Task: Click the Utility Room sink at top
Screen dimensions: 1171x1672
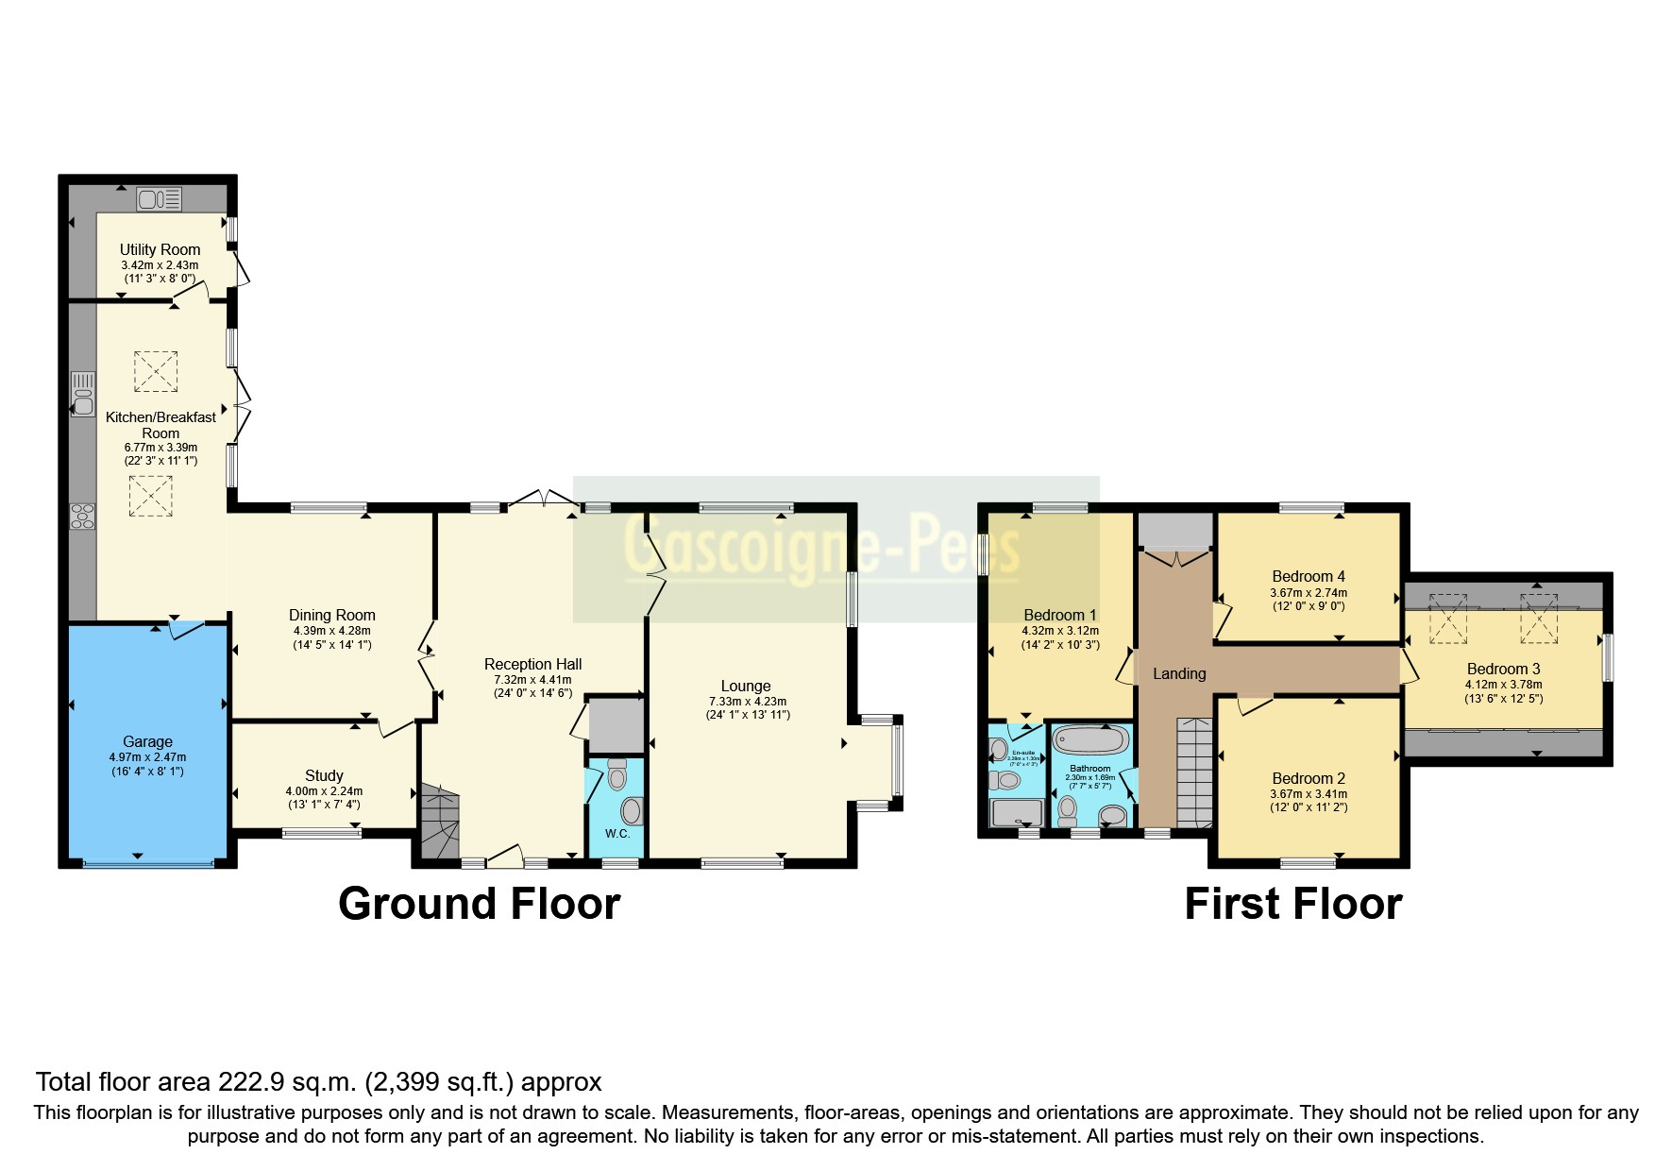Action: tap(159, 199)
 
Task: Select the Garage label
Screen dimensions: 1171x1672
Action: tap(147, 741)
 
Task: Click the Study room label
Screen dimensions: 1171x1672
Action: tap(324, 775)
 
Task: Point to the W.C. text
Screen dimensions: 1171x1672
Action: tap(617, 834)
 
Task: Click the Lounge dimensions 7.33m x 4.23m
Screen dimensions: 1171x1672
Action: tap(747, 702)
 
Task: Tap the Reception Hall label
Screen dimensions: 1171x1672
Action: tap(532, 664)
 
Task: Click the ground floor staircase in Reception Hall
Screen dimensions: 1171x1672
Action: tap(439, 822)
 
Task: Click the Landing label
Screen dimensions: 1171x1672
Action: tap(1179, 673)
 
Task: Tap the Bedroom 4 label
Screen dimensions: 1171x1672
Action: tap(1308, 576)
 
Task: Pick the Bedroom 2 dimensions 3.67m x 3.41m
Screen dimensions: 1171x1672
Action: tap(1308, 794)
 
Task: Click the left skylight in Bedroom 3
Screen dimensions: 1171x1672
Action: tap(1447, 619)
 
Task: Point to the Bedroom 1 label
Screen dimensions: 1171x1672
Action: tap(1059, 615)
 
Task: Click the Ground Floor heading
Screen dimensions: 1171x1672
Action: tap(479, 904)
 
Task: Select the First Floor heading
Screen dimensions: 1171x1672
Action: tap(1292, 904)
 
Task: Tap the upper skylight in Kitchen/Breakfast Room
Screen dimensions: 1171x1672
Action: tap(155, 371)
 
